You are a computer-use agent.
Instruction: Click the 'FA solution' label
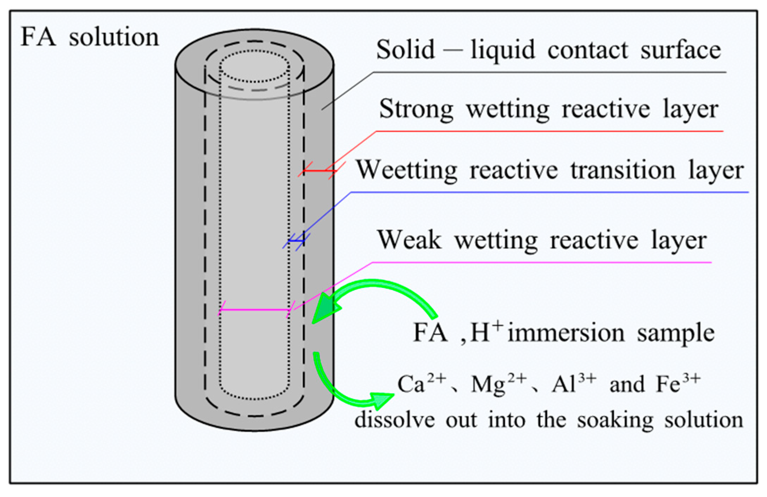point(90,37)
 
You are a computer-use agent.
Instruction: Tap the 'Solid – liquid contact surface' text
point(548,50)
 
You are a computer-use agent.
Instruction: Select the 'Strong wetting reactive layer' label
point(548,109)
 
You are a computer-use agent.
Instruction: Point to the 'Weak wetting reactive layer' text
point(542,240)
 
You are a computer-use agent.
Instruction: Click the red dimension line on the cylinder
point(318,171)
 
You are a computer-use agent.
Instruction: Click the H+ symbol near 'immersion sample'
point(487,332)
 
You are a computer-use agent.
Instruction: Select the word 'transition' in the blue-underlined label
point(623,170)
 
